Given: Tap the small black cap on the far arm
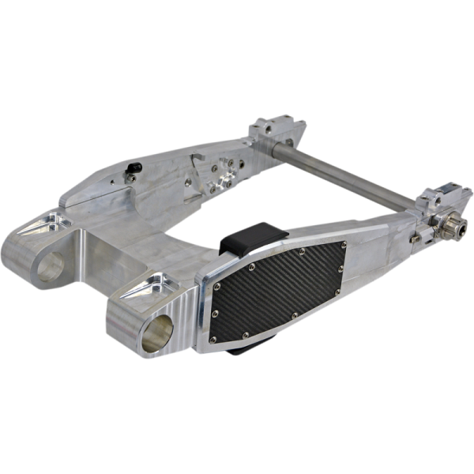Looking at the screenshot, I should tap(135, 167).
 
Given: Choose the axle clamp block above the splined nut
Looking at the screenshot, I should tap(444, 197).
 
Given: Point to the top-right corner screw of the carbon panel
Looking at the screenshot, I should tap(344, 246).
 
